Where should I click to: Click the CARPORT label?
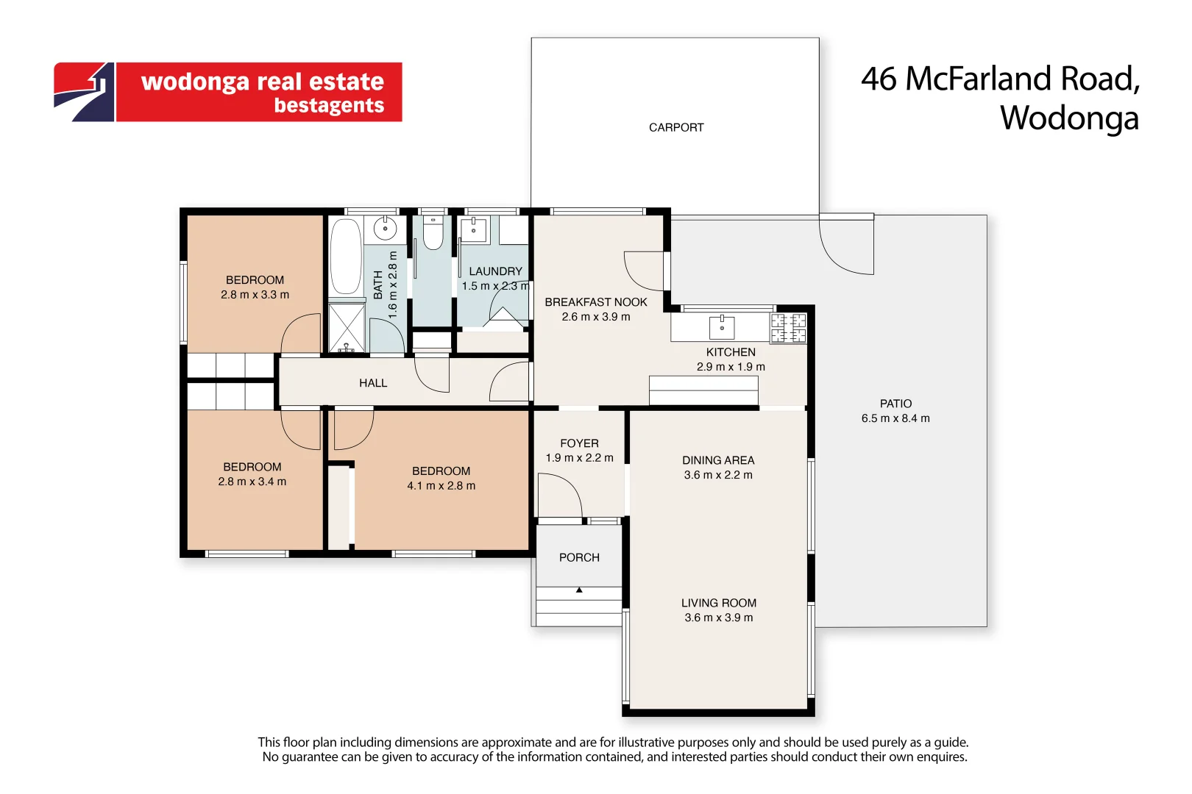click(675, 128)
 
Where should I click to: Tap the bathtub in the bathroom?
click(345, 256)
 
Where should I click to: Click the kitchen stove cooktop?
click(788, 328)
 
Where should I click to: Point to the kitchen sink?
click(722, 327)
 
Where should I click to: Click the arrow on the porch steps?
click(579, 590)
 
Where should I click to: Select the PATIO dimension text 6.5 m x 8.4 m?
click(895, 418)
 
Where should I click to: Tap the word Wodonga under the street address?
click(1068, 118)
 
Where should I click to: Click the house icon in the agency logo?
click(85, 91)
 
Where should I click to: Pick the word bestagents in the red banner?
click(329, 106)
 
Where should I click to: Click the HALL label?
click(373, 383)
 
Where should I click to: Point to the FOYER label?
click(579, 443)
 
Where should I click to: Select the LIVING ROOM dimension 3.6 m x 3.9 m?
click(718, 618)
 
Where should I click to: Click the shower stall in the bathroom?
click(347, 327)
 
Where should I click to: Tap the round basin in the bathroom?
click(385, 229)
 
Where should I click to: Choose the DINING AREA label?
click(717, 460)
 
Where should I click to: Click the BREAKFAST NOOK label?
click(595, 302)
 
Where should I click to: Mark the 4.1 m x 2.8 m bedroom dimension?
click(441, 486)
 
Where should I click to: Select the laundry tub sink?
click(473, 230)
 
